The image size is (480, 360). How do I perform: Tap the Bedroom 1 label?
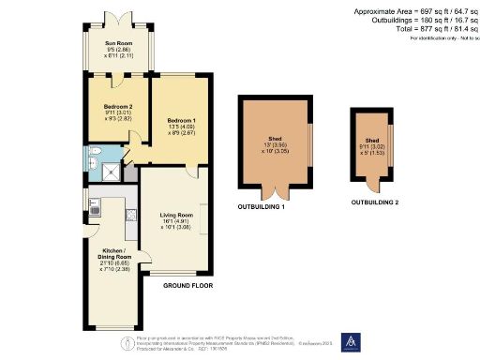(182, 120)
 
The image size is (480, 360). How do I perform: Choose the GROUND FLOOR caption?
(188, 285)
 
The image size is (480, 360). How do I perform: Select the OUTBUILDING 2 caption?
(375, 202)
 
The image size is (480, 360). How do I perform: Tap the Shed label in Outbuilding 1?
(275, 139)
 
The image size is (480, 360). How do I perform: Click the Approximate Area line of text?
(414, 10)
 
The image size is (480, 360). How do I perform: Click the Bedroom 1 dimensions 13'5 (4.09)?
(182, 127)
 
